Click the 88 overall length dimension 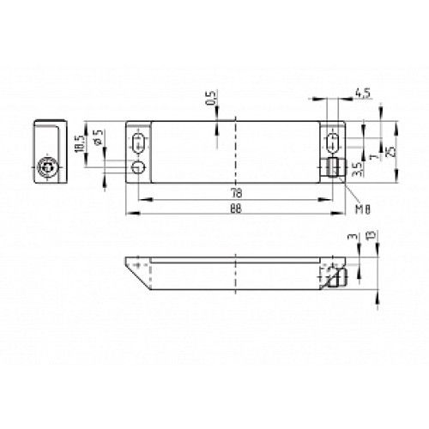(233, 208)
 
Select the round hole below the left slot (138, 166)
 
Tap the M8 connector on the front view (332, 167)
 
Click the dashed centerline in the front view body (233, 154)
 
